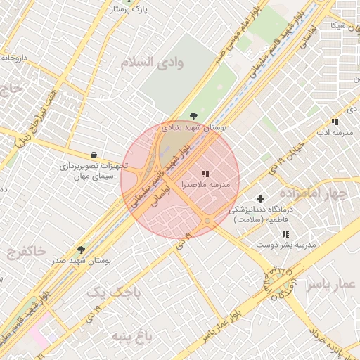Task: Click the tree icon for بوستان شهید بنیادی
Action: point(193,116)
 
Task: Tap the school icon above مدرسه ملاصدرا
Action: point(205,173)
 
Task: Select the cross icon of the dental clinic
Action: point(261,199)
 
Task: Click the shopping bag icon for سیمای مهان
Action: point(94,155)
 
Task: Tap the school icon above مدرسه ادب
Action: point(334,122)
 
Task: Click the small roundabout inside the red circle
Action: point(207,221)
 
